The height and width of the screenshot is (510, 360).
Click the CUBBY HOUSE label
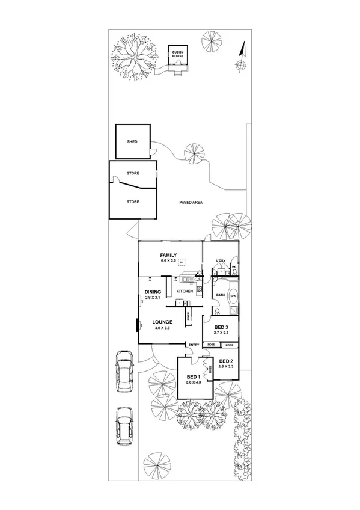178,54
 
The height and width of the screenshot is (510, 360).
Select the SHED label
132,141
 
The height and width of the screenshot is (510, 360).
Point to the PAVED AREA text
191,203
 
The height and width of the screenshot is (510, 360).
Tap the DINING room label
153,292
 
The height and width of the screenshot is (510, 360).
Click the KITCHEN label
185,291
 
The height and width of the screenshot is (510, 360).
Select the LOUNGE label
163,322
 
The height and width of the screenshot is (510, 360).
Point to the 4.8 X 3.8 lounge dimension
163,328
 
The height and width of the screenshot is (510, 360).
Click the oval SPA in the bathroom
233,296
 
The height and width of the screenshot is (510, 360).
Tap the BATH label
220,295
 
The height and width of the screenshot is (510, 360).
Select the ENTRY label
194,345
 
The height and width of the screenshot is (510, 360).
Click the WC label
234,266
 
